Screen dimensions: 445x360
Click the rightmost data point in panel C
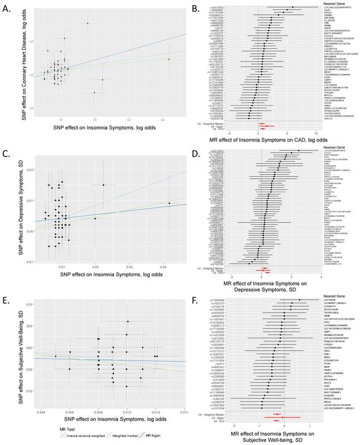(x=169, y=203)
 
